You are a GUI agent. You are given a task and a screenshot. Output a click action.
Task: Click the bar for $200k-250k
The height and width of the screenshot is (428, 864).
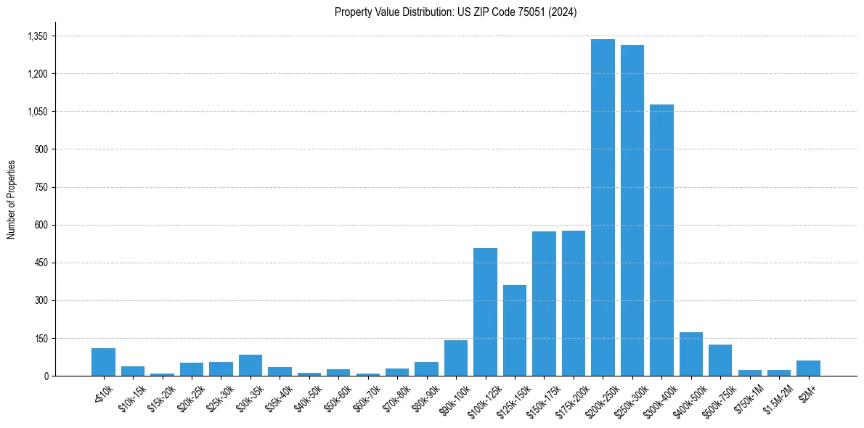point(603,207)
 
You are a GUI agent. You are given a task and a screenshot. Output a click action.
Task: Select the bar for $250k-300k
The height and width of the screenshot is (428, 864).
point(632,210)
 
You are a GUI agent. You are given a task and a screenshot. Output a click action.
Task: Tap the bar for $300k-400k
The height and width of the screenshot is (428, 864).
point(661,240)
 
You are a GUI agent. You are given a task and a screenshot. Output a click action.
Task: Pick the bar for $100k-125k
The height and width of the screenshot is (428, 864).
point(485,312)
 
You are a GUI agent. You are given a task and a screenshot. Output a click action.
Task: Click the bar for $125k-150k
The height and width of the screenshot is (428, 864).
point(515,330)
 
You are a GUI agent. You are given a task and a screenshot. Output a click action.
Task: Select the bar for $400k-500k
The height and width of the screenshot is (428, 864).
point(691,354)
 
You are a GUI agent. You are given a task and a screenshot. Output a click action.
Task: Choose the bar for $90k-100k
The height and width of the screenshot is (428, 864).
point(456,358)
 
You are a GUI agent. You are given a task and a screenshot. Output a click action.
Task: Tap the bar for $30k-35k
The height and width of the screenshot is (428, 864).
point(250,365)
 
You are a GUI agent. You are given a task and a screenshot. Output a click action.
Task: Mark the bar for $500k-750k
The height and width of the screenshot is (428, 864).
point(720,360)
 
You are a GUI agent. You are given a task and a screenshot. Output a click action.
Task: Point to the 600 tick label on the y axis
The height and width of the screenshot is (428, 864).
point(41,225)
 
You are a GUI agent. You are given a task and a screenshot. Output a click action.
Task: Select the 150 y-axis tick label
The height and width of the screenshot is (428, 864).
point(41,338)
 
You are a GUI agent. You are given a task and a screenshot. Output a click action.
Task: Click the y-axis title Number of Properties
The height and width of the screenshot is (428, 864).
point(11,199)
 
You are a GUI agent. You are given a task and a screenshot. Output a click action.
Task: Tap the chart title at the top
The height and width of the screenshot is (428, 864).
point(456,12)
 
